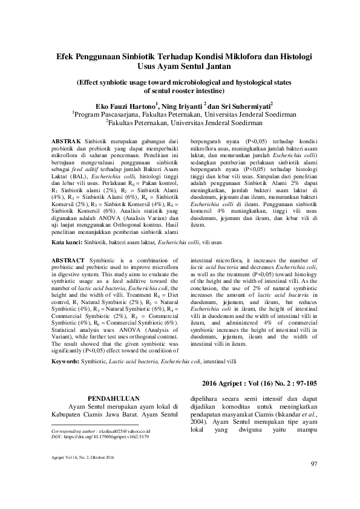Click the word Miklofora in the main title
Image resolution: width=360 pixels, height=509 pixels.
pos(234,55)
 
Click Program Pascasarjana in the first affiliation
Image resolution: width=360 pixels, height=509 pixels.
pos(106,113)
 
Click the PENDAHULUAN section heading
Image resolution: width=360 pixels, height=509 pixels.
pos(114,398)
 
